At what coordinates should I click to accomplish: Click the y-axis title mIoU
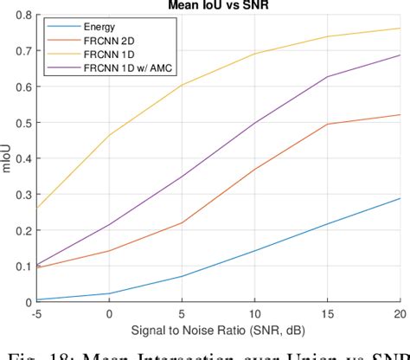[x=8, y=158]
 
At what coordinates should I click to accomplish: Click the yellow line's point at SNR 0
[x=110, y=135]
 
